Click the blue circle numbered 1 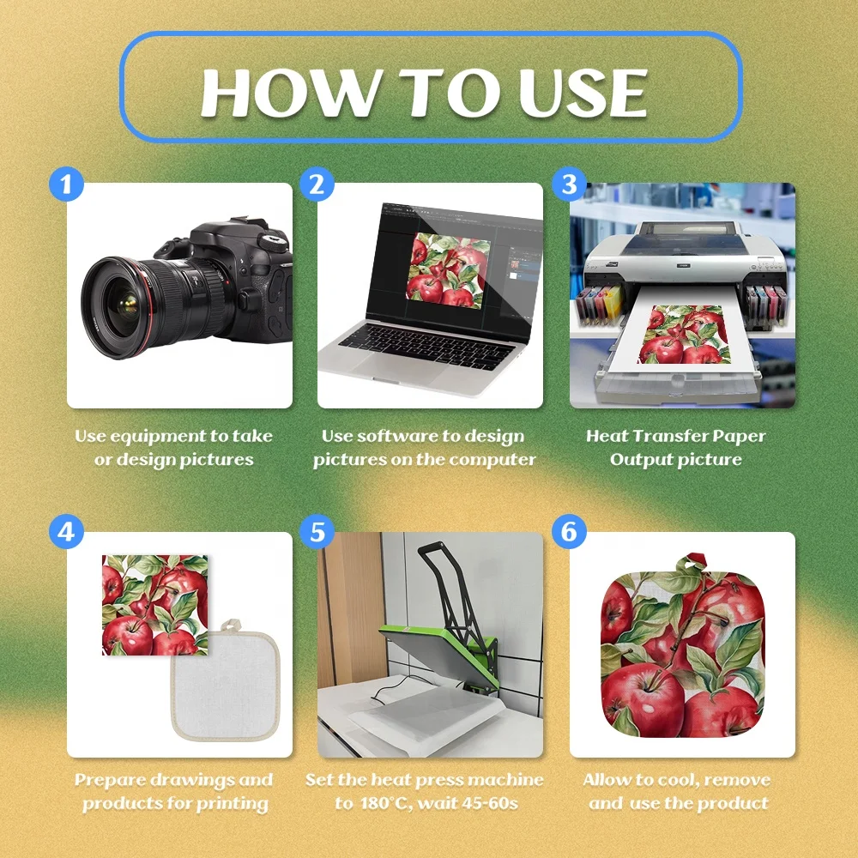[x=66, y=184]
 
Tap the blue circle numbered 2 [x=317, y=184]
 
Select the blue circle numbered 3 [x=569, y=184]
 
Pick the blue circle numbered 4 [x=66, y=531]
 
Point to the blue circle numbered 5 [x=317, y=531]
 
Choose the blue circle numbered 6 [x=569, y=531]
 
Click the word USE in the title [x=583, y=93]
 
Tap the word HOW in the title [x=291, y=93]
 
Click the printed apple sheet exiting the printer [x=686, y=335]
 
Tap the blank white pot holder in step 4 [x=226, y=682]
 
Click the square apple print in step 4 [x=154, y=605]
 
